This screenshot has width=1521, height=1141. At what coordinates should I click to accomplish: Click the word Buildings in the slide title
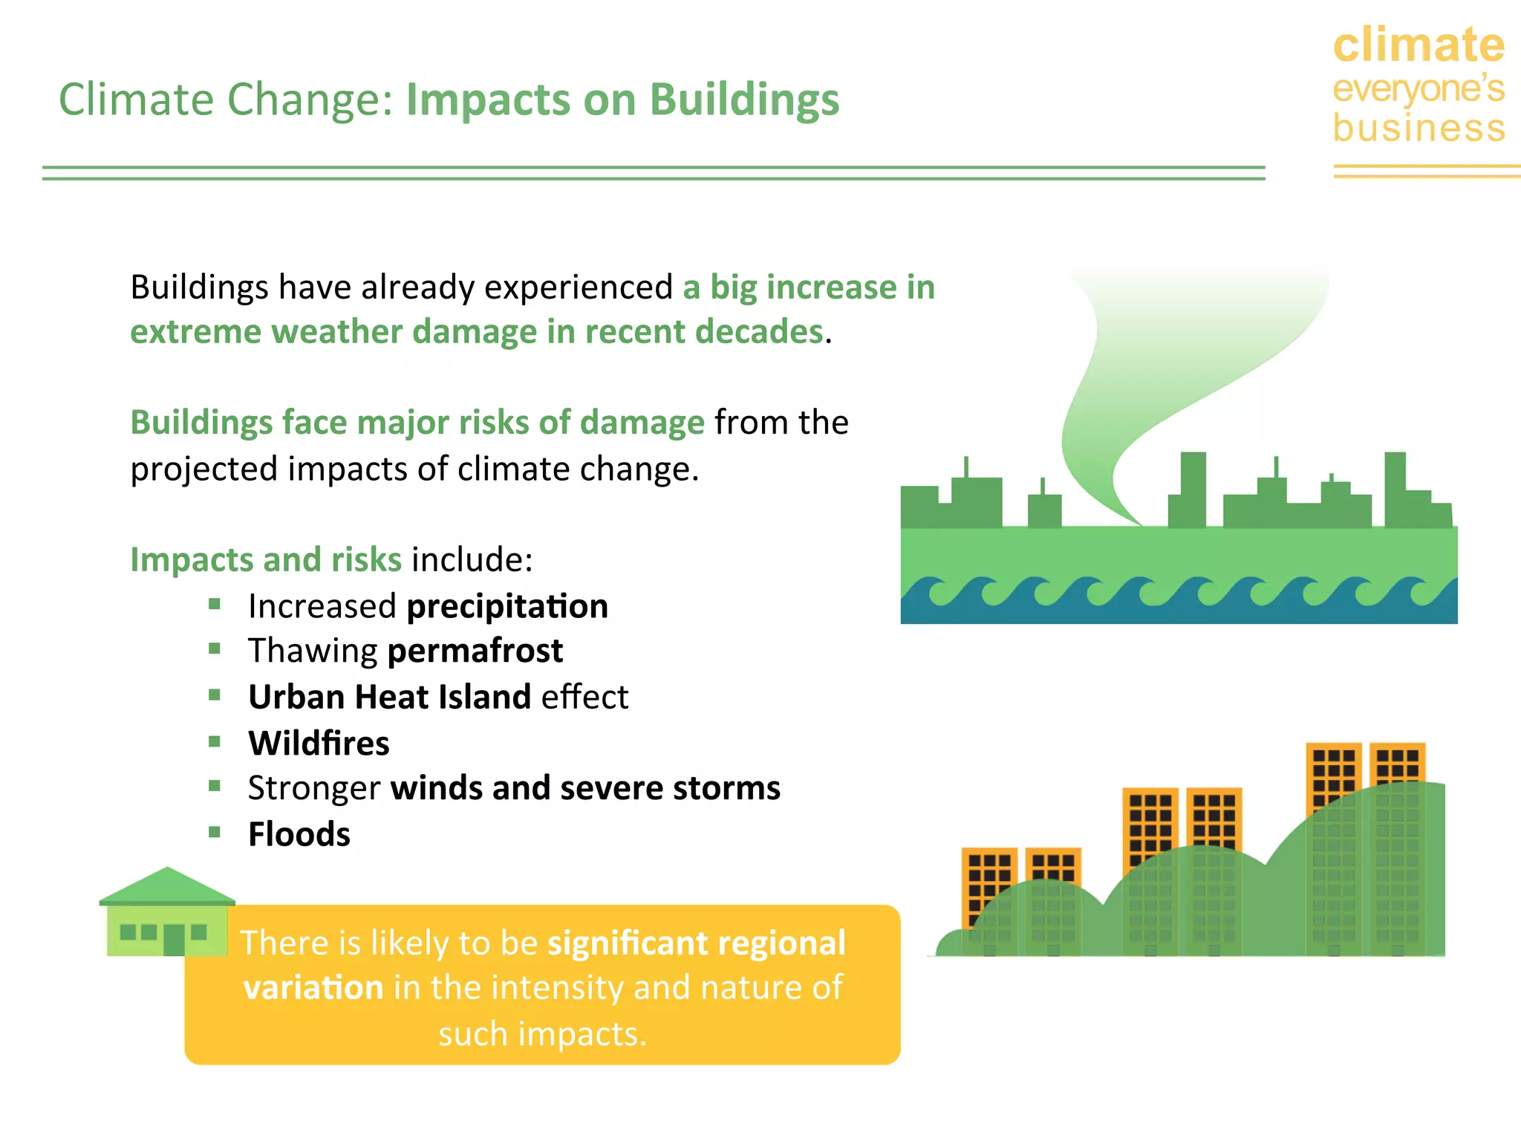744,100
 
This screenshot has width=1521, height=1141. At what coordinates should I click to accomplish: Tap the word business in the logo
1419,128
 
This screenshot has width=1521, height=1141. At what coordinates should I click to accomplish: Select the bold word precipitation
507,607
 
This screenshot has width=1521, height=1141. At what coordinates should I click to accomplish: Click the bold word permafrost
475,651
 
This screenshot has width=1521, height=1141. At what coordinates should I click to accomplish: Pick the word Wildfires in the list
319,744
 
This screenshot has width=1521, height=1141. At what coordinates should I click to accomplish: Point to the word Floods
299,834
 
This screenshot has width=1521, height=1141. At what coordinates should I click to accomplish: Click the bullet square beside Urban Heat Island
215,695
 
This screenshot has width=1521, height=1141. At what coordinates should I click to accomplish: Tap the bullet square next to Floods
215,832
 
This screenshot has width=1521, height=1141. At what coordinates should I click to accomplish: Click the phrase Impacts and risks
266,559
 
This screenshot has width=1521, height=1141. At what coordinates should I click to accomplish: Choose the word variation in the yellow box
313,988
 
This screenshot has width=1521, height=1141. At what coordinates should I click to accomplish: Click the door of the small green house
174,940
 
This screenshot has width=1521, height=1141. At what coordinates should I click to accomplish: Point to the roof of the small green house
167,886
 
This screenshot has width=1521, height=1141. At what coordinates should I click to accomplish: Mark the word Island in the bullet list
484,698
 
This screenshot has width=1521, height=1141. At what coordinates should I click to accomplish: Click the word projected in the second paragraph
203,469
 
